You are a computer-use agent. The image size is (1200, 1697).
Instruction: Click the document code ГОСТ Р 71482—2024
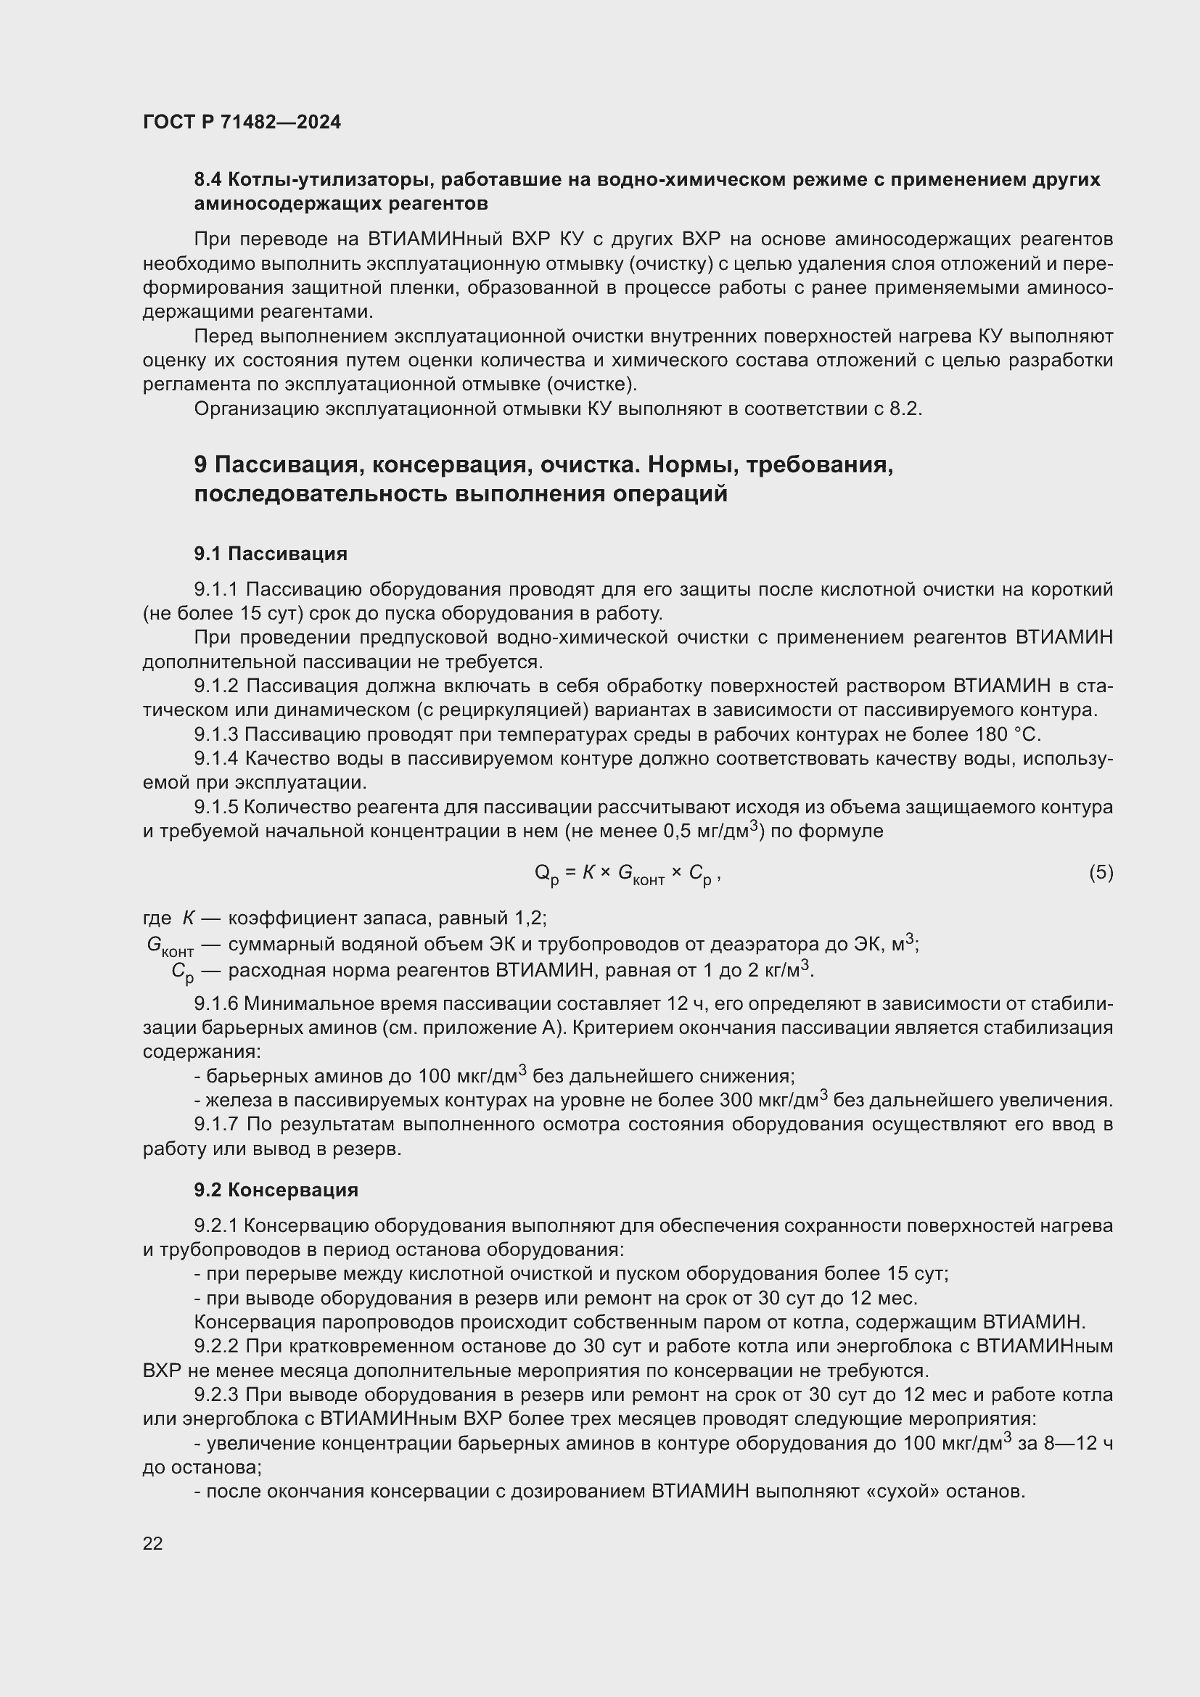tap(242, 123)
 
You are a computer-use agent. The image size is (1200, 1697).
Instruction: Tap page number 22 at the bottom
tap(153, 1543)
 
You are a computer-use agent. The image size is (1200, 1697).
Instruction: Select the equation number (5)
tap(1101, 873)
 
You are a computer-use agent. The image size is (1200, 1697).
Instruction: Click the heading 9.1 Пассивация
tap(271, 554)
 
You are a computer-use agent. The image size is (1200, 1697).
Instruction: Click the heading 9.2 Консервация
tap(276, 1190)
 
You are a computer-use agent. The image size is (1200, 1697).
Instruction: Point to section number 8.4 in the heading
tap(208, 180)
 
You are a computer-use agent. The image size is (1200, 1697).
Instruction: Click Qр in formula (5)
tap(547, 874)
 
